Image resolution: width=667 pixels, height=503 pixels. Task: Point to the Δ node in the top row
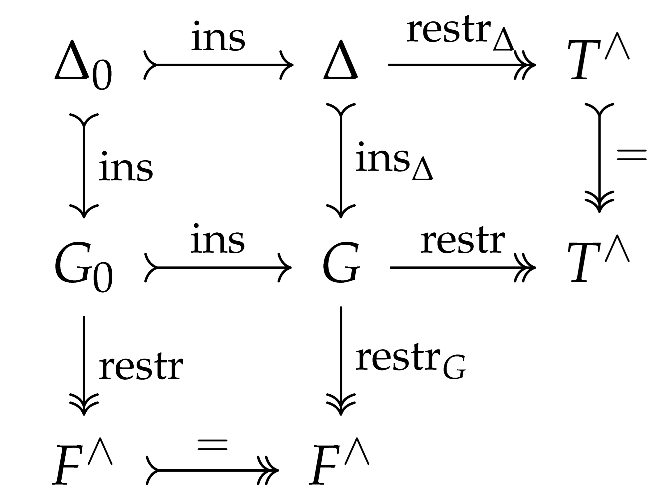click(x=341, y=60)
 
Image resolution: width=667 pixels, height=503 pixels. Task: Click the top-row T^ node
click(x=599, y=60)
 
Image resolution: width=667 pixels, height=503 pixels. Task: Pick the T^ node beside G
click(x=599, y=263)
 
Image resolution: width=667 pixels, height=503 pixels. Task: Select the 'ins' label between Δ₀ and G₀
click(x=126, y=167)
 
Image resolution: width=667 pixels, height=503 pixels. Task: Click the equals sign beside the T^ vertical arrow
click(x=631, y=155)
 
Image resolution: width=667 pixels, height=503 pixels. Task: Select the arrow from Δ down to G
click(x=341, y=160)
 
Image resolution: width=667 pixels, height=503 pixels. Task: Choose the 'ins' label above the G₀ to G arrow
click(x=218, y=240)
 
